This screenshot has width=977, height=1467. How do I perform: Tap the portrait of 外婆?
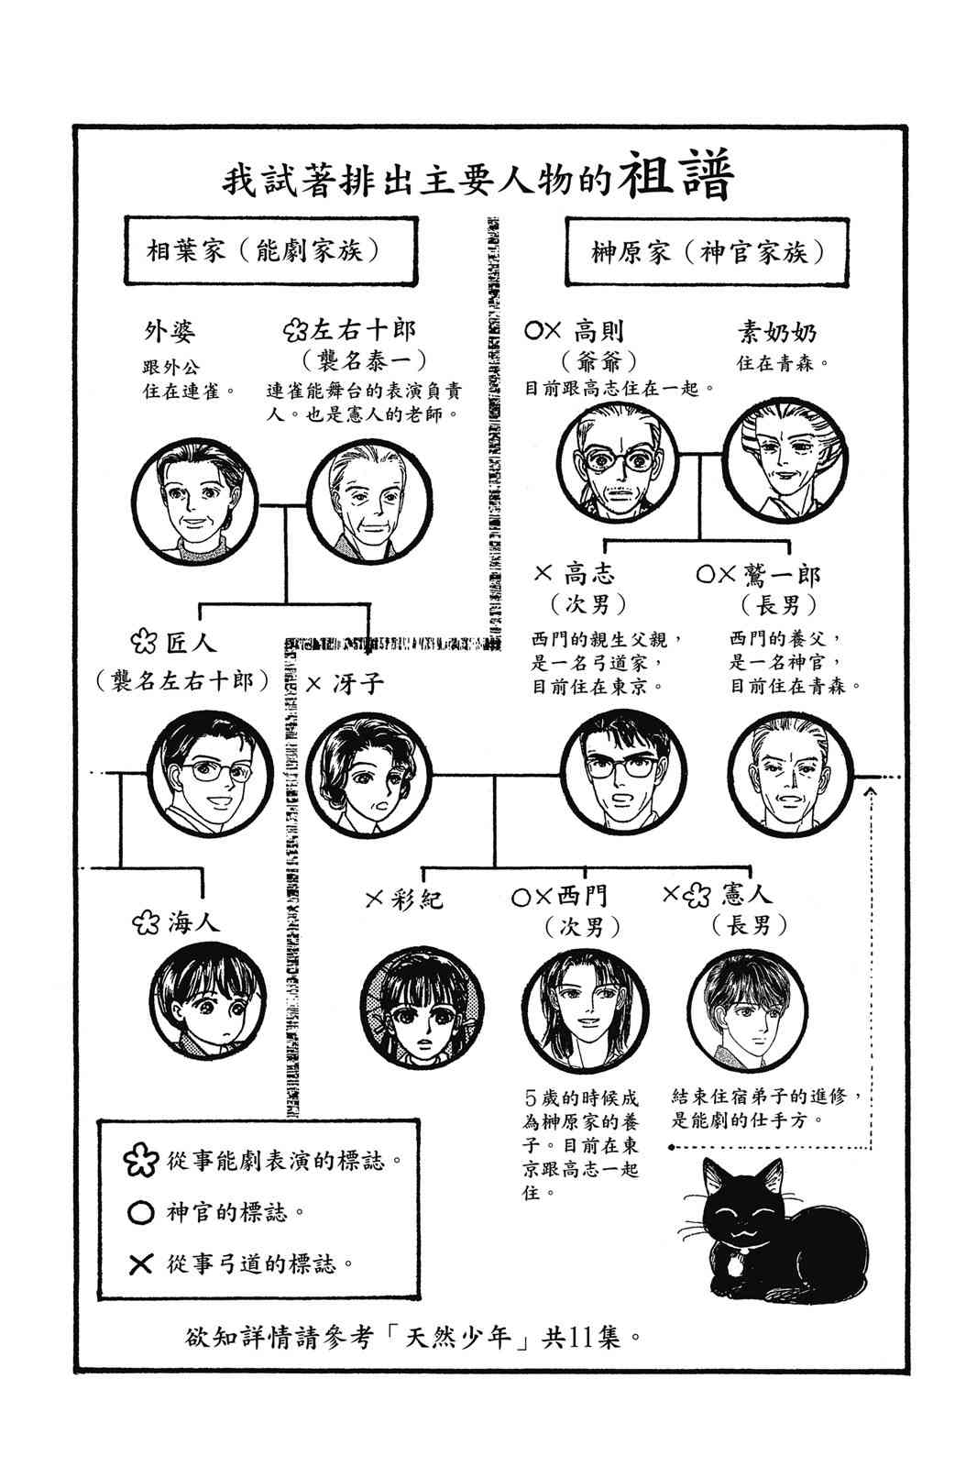195,503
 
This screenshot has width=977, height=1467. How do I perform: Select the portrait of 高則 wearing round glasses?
618,462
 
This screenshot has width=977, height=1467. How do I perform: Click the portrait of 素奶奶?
785,461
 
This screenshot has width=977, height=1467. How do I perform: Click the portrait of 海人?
208,1002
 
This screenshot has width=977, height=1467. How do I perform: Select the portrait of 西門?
586,1009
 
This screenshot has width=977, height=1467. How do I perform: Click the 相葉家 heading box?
271,251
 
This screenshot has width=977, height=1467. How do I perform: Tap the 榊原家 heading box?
708,252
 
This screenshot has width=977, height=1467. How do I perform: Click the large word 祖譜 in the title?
677,175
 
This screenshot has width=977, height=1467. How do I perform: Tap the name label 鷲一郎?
782,575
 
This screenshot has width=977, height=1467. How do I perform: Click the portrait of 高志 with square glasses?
623,774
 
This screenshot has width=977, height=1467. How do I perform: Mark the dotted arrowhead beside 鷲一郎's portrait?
871,792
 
